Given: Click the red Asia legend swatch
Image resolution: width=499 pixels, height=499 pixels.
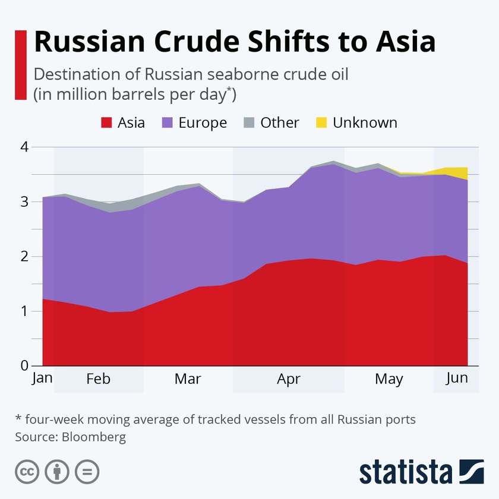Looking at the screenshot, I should [106, 123].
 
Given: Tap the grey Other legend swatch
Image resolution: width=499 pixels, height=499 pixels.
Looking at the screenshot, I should [249, 123].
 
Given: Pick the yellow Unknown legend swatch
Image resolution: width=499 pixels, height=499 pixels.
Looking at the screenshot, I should [321, 123].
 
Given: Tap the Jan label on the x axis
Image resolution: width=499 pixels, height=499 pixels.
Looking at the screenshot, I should [42, 378].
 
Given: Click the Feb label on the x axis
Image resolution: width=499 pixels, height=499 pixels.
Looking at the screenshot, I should [99, 379].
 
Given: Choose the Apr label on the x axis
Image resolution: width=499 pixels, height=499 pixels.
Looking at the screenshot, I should [289, 379].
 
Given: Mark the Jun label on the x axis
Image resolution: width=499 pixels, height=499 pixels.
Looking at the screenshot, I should [456, 378].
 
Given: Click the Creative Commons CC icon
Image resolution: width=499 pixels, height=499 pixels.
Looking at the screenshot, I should [27, 472].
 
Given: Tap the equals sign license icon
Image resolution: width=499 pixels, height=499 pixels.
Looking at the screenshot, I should [87, 472].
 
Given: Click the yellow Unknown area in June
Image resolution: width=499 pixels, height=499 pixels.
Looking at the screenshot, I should [458, 172].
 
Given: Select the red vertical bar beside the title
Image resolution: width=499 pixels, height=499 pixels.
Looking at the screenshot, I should [21, 65].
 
